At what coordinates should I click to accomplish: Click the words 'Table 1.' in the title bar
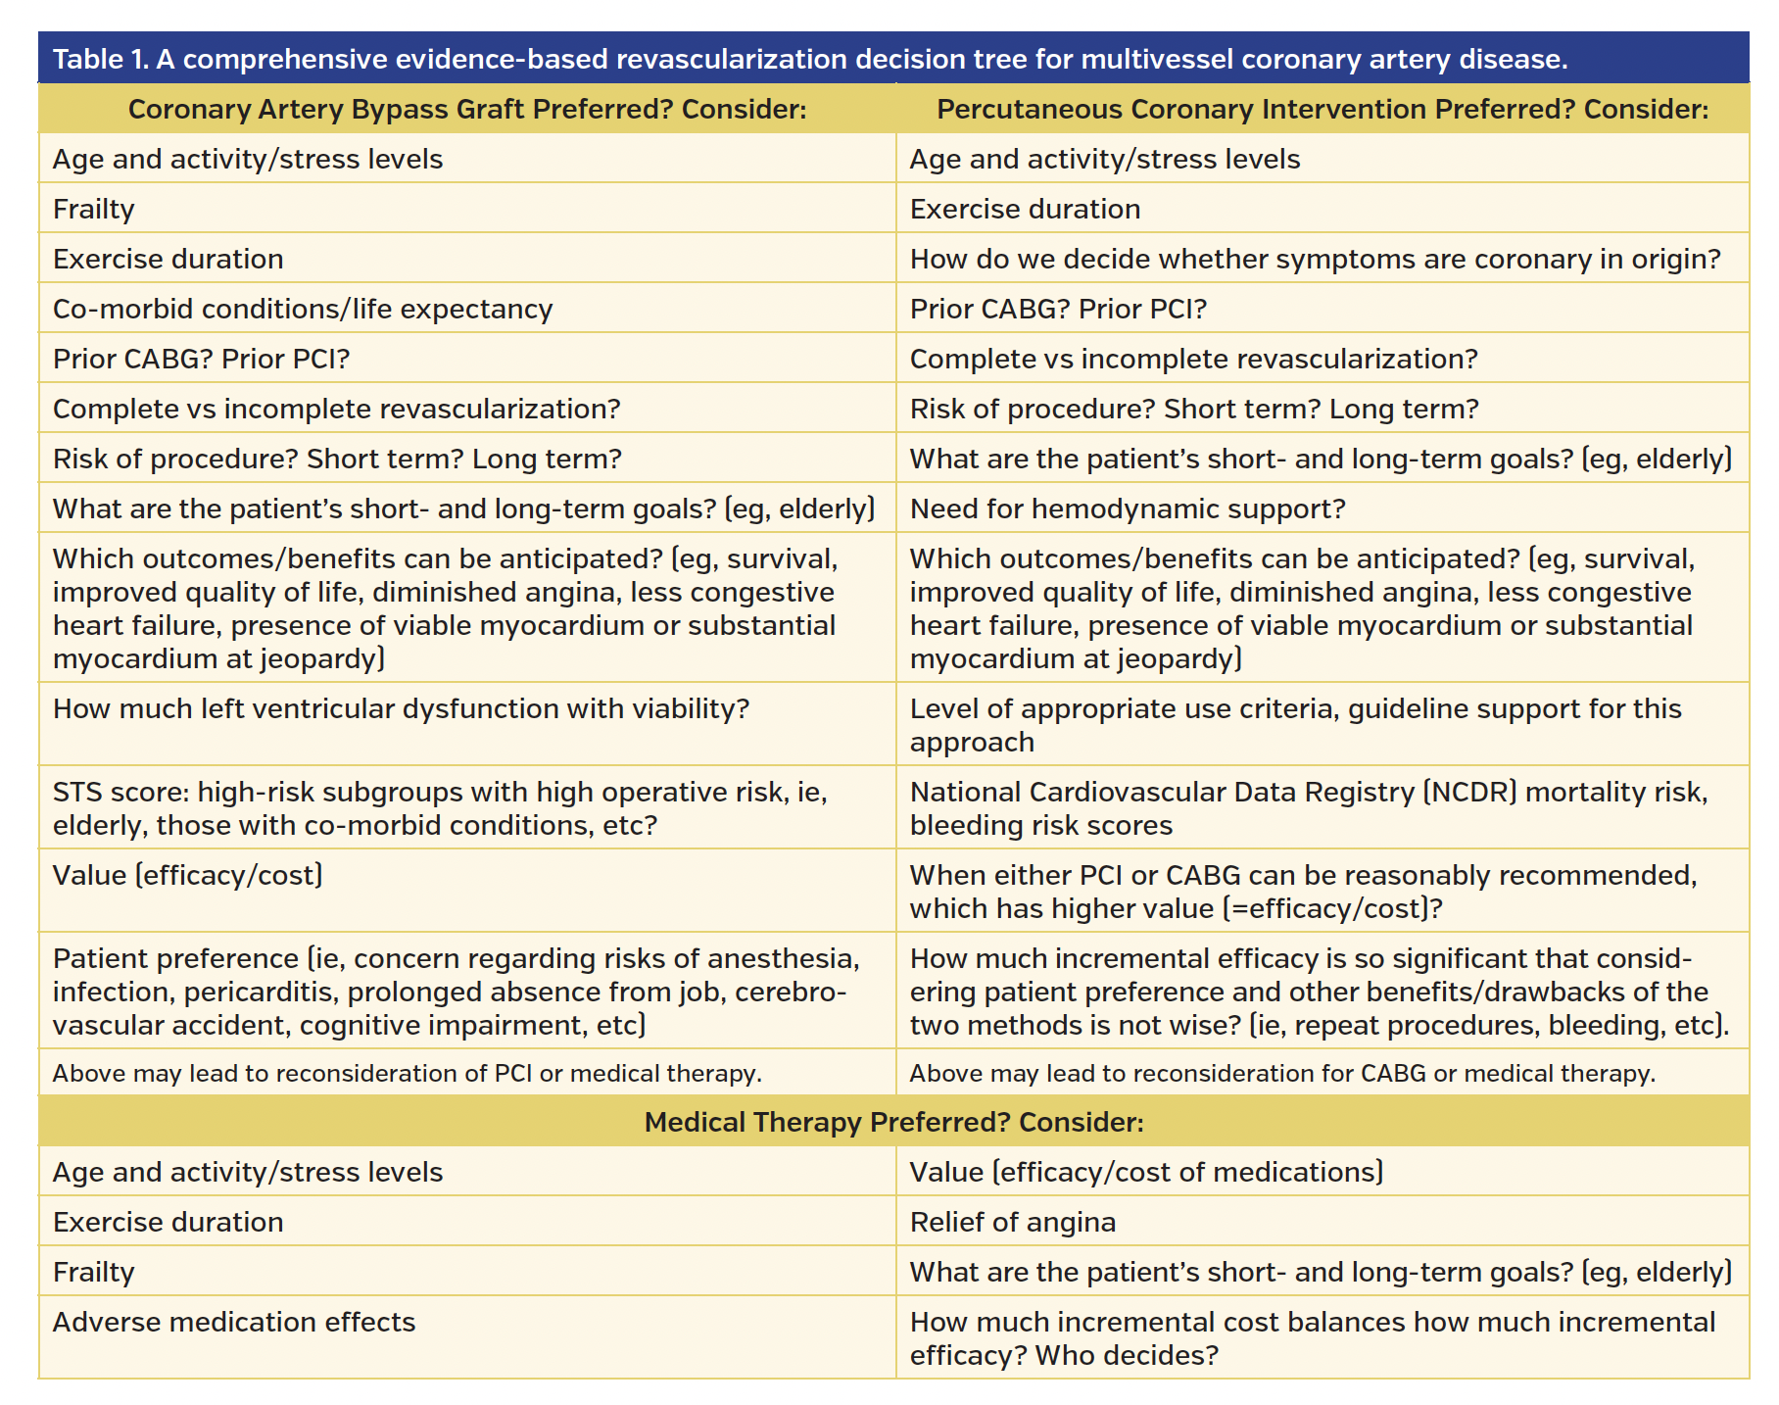[x=99, y=60]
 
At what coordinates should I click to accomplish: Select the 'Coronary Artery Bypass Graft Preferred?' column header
[x=466, y=109]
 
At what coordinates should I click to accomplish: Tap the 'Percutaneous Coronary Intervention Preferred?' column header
[x=1322, y=109]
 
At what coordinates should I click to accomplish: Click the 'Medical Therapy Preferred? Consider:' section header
[x=893, y=1122]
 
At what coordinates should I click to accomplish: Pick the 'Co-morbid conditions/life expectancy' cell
[x=303, y=309]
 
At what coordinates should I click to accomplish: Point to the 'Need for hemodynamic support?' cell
[x=1128, y=509]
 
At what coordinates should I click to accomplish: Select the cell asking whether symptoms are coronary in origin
[x=1315, y=259]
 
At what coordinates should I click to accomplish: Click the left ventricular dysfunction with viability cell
[x=401, y=708]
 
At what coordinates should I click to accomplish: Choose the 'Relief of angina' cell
[x=1013, y=1222]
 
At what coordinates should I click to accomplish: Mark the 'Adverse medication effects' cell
[x=234, y=1322]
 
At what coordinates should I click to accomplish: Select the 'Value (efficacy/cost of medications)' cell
[x=1146, y=1172]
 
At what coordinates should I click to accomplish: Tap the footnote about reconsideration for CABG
[x=1282, y=1073]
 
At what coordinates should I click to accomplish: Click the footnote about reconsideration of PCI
[x=407, y=1073]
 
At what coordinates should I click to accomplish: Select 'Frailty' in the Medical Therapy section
[x=94, y=1272]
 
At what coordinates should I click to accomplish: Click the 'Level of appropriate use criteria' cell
[x=1295, y=724]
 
